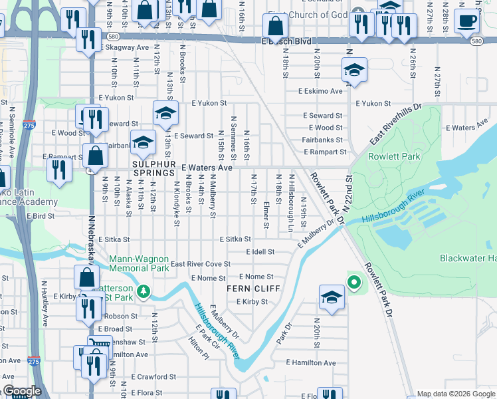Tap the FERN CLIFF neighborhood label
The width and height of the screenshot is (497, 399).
253,289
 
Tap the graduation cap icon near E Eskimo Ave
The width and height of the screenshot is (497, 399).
355,70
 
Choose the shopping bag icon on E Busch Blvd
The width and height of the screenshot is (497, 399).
275,27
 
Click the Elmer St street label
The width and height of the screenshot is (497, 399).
266,214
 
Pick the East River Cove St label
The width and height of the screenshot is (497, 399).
200,264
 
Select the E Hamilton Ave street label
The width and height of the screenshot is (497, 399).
312,362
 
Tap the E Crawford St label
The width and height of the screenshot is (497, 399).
153,376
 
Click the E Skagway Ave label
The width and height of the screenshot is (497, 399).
124,48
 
